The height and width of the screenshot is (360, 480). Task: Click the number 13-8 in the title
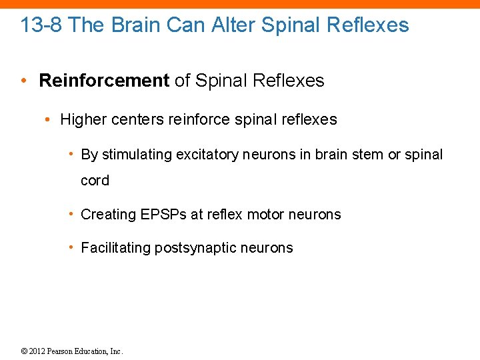pos(42,25)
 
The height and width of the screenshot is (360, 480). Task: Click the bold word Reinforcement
pos(104,81)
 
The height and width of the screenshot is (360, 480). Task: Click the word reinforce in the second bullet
pos(199,120)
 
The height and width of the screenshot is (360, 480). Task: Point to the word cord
pos(95,181)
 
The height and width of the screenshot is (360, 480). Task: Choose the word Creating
pos(108,215)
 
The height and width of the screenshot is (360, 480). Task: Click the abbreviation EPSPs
pos(164,215)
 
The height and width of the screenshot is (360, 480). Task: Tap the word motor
pos(265,215)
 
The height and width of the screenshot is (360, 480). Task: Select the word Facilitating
pos(116,248)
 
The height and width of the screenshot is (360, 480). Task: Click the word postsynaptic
pos(193,248)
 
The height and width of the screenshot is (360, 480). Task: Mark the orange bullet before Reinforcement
pos(24,81)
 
